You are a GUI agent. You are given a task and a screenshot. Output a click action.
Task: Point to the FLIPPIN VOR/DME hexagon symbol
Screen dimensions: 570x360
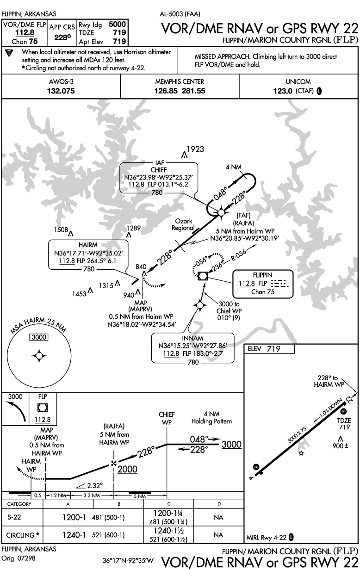pos(203,276)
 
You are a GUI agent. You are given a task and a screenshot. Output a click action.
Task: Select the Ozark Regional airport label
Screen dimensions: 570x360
pos(183,224)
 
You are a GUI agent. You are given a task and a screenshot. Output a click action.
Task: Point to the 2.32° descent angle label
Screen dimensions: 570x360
pos(93,485)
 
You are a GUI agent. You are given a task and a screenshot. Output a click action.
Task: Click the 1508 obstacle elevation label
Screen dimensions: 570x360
pos(60,230)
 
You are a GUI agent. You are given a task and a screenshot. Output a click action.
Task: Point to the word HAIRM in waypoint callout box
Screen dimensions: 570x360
pos(87,244)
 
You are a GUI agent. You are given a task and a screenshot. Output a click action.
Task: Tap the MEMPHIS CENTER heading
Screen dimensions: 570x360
pos(180,81)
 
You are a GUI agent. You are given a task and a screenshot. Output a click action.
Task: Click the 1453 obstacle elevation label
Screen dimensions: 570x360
pos(80,292)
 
